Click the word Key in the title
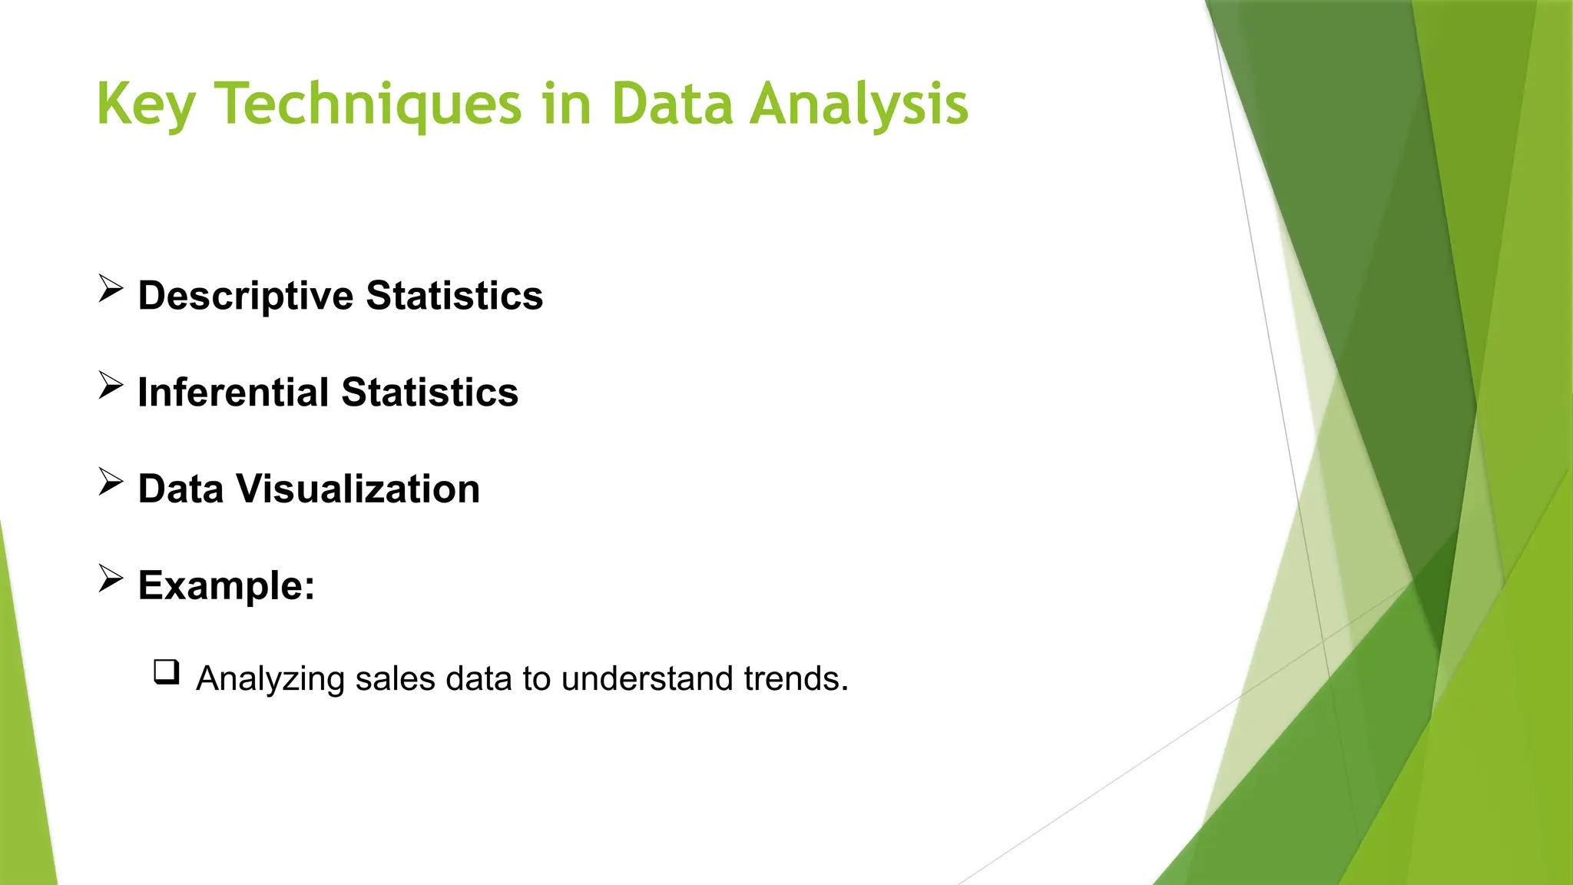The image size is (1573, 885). [x=146, y=105]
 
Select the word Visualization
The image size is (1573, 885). [x=358, y=489]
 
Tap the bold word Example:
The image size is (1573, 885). [x=227, y=585]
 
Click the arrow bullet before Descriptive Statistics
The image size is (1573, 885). [x=111, y=290]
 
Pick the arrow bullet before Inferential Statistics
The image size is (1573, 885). [x=111, y=386]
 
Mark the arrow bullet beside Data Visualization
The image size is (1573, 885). [x=111, y=483]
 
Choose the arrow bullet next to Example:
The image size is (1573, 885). [x=111, y=579]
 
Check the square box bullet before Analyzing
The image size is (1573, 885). [x=167, y=672]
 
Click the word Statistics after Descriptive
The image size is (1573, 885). [x=455, y=297]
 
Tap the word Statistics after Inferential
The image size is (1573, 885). [x=429, y=393]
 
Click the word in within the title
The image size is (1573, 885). [x=566, y=104]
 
